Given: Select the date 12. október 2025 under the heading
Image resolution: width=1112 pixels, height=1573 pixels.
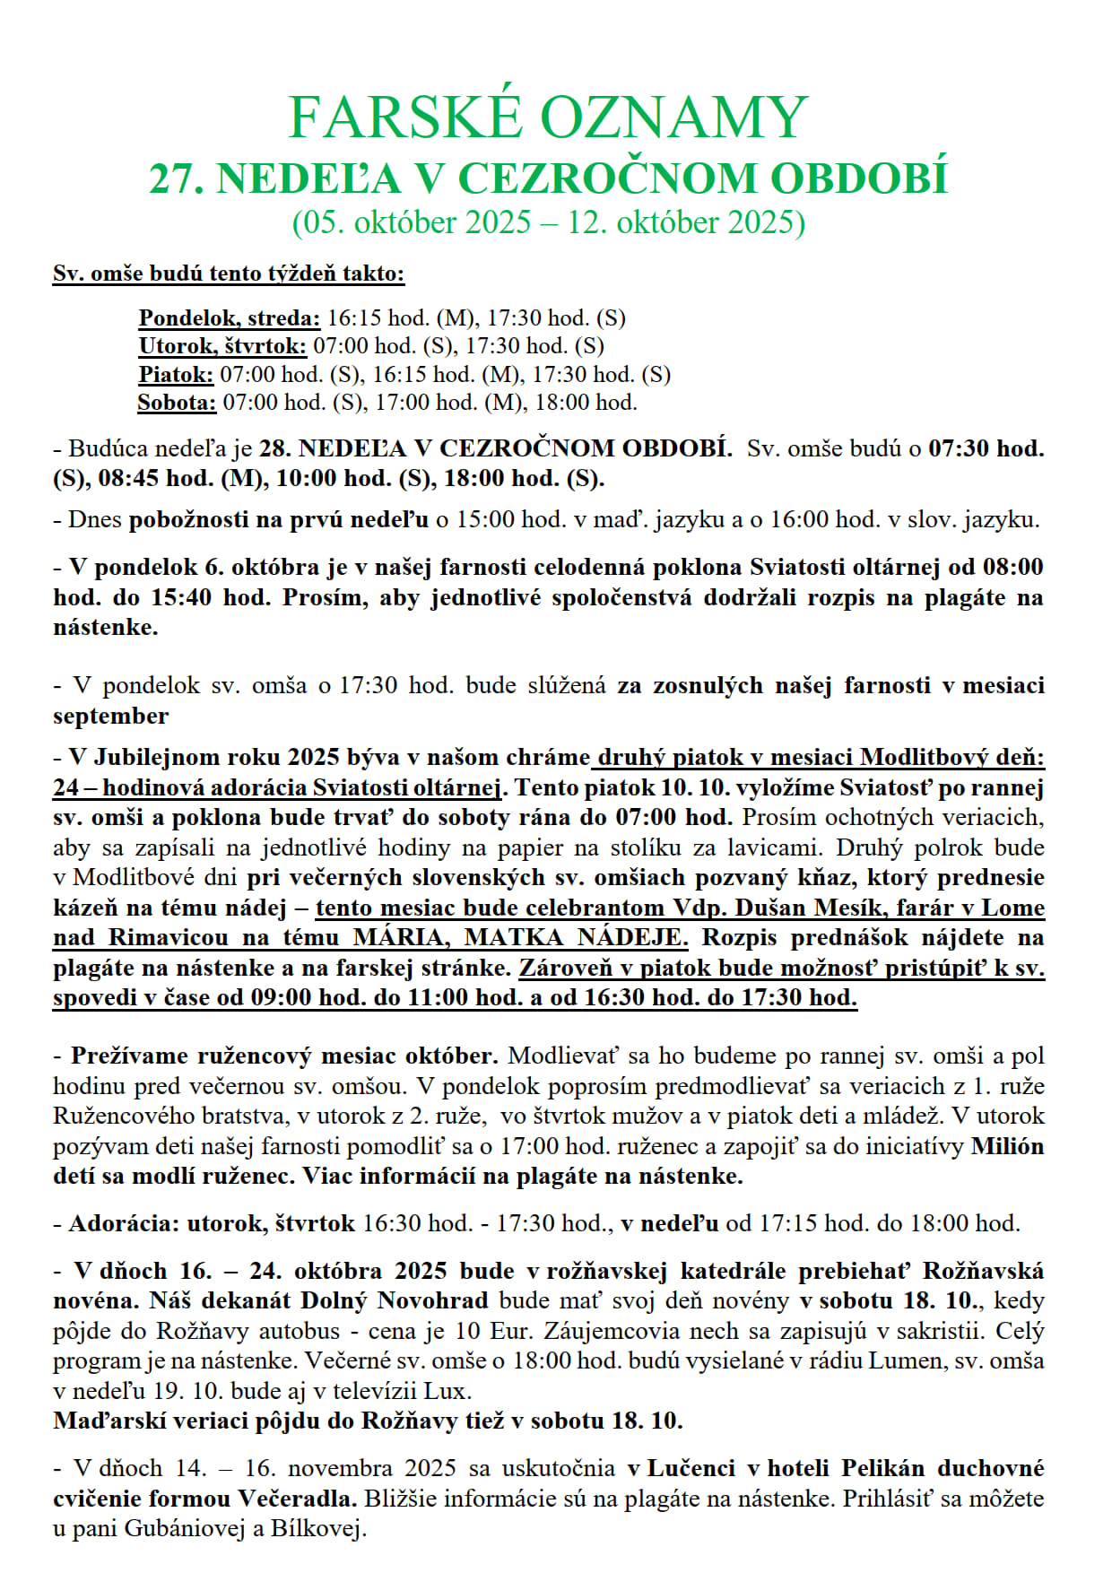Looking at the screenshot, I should [x=686, y=222].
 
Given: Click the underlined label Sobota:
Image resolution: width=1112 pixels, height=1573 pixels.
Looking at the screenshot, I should [x=177, y=403].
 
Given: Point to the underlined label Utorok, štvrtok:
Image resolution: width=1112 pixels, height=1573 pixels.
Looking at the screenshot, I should [x=222, y=346].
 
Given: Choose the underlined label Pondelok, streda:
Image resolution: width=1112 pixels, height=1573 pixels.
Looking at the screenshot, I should [x=229, y=318].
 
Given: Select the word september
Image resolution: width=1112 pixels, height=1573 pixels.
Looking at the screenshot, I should [x=110, y=716].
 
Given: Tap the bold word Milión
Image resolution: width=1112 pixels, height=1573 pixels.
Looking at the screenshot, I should [x=1008, y=1146].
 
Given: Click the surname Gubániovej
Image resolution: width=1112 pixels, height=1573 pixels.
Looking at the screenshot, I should [x=185, y=1529].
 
